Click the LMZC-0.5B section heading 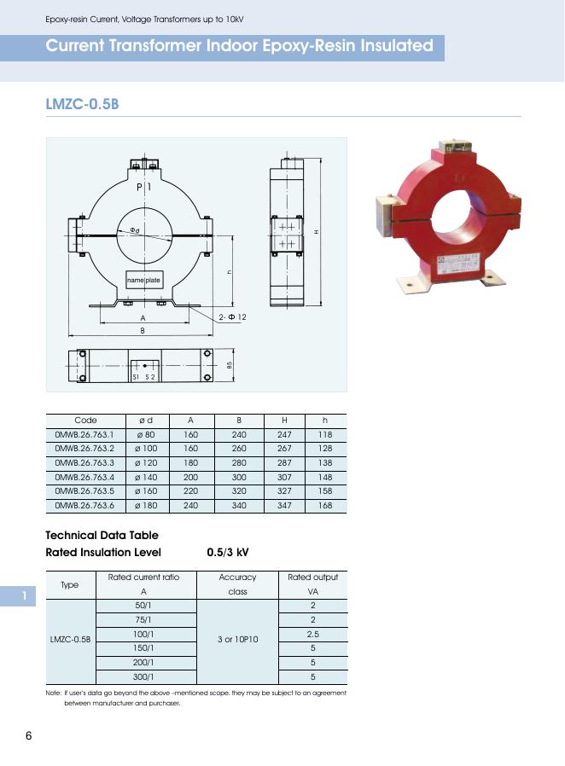pos(81,105)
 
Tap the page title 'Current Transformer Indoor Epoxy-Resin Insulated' pos(239,46)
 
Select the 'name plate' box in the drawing pos(143,281)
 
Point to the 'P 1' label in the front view pos(143,187)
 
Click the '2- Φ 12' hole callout pos(232,317)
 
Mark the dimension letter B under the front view pos(143,330)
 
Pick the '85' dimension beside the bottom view pos(230,365)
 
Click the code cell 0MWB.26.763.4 pos(84,478)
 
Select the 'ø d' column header pos(145,420)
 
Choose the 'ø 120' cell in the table pos(145,463)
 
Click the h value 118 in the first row pos(324,434)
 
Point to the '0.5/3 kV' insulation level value pos(228,552)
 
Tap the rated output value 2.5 pos(312,634)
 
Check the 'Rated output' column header pos(312,577)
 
